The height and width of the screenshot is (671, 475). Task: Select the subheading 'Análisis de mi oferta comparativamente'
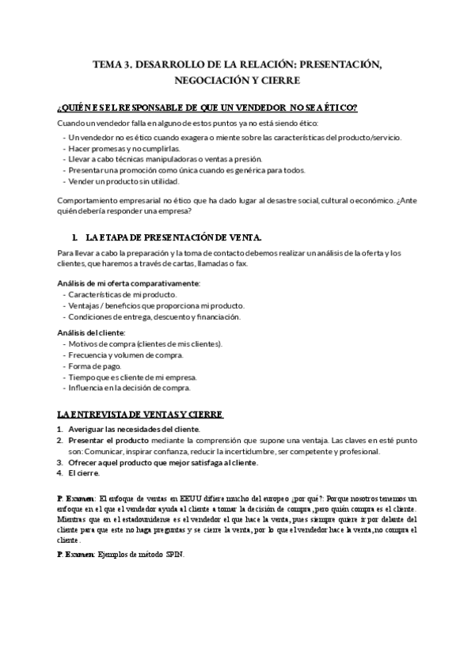tap(129, 283)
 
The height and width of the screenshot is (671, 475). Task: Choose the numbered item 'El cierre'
tap(85, 473)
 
